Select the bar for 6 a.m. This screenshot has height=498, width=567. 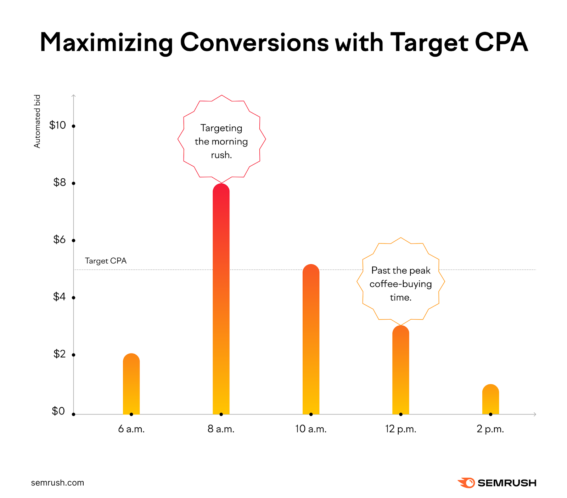(131, 384)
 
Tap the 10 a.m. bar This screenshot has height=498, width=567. (311, 340)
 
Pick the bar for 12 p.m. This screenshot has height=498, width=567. (401, 370)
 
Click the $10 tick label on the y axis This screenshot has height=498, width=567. (57, 125)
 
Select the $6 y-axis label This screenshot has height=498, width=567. (60, 240)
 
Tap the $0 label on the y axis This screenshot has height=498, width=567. (58, 411)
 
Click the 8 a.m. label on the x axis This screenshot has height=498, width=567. (221, 429)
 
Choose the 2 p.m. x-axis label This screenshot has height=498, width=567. (490, 429)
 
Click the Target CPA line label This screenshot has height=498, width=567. (106, 261)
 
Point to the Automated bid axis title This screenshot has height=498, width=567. (37, 121)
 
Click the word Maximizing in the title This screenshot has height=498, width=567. (106, 42)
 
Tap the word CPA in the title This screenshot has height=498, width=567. (501, 42)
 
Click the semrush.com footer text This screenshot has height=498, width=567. (57, 483)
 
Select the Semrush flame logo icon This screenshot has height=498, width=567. (466, 483)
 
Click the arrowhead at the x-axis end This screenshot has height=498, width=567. (535, 414)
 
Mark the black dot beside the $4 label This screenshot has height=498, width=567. (74, 298)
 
